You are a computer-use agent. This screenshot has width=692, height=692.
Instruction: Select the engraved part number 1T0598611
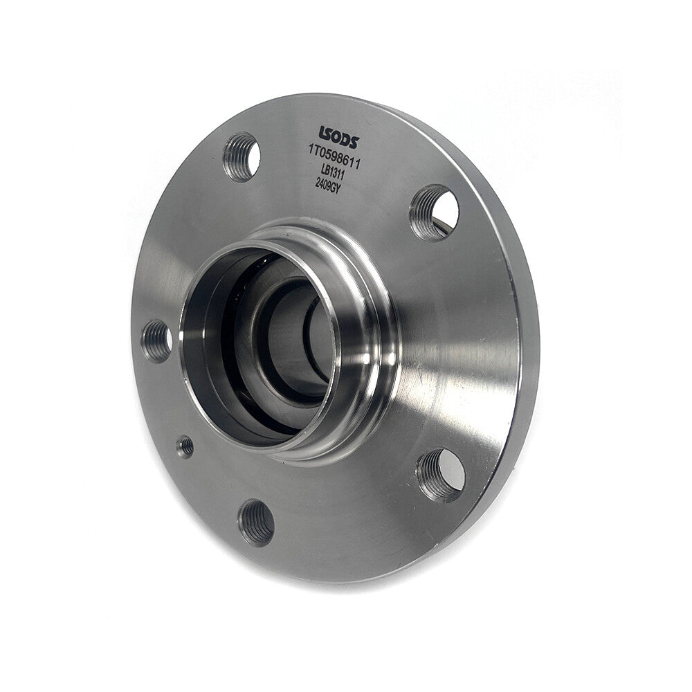click(335, 157)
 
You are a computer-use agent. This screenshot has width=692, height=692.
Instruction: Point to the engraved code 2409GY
click(329, 183)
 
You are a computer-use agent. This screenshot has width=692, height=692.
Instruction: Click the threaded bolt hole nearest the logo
click(242, 157)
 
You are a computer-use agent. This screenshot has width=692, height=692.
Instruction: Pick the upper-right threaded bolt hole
click(433, 212)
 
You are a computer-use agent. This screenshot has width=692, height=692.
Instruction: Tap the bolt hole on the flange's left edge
click(156, 341)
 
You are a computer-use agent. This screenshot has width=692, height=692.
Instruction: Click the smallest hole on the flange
click(185, 446)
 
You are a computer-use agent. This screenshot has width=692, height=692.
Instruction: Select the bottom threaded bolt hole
click(256, 523)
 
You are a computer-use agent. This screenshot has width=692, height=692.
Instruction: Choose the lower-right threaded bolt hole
click(440, 475)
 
